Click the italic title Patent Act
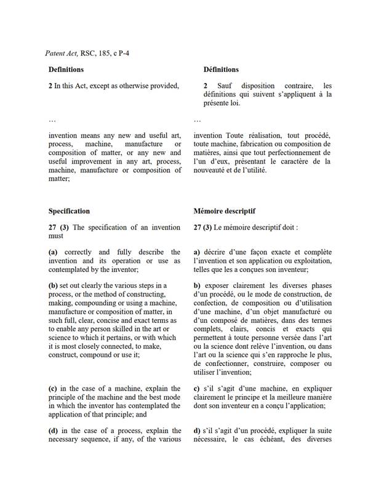tap(61, 54)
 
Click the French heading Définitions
tap(221, 70)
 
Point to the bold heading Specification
tap(69, 211)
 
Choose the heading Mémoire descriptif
tap(224, 211)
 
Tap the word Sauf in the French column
tap(225, 85)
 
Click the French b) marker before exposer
tap(197, 285)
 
